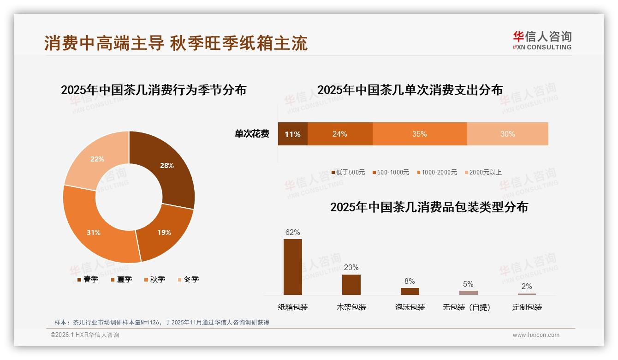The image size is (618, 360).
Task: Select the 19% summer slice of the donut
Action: tap(164, 233)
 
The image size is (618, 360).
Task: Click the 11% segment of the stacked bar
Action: tap(292, 134)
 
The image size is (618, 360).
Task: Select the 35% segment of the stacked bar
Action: tap(419, 134)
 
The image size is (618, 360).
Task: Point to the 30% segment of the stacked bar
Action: tap(507, 134)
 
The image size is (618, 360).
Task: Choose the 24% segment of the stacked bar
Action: tap(339, 134)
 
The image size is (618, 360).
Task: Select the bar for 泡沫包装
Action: tap(410, 291)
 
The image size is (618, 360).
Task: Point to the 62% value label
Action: tap(292, 232)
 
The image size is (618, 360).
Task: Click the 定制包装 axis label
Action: tap(527, 307)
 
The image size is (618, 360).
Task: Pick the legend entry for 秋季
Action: tap(154, 280)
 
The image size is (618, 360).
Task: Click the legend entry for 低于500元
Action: tap(348, 173)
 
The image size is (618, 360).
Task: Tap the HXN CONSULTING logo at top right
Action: tap(542, 41)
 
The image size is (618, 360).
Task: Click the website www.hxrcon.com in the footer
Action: tap(536, 335)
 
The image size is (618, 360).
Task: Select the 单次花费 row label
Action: tap(252, 134)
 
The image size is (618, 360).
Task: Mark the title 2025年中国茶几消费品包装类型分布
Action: tap(429, 207)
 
